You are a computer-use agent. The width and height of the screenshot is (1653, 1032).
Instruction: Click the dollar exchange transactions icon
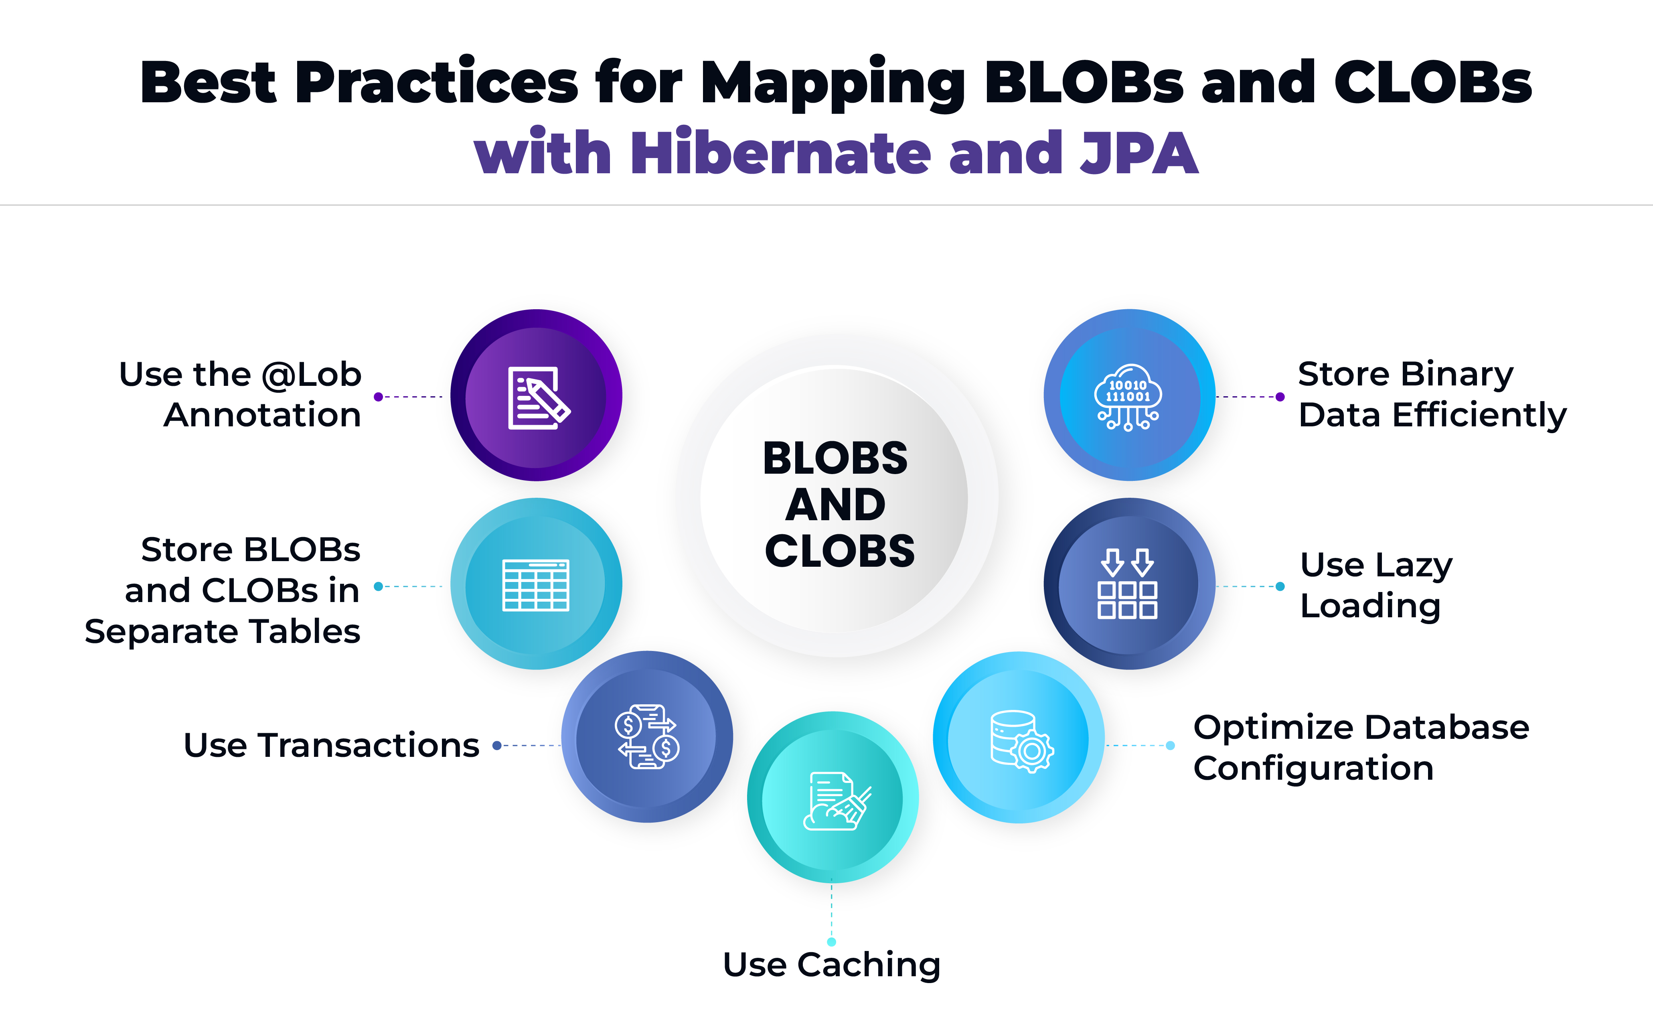(x=647, y=737)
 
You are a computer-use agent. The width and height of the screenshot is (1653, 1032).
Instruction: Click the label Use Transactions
(x=332, y=745)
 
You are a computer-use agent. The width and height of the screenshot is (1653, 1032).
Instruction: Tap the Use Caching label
(x=832, y=965)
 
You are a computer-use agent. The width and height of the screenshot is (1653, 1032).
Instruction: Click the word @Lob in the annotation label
(x=311, y=375)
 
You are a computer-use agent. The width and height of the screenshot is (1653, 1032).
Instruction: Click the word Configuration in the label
(x=1313, y=768)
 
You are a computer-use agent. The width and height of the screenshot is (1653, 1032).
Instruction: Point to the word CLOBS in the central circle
(x=839, y=551)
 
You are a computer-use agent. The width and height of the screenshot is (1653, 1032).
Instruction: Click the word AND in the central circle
(x=836, y=505)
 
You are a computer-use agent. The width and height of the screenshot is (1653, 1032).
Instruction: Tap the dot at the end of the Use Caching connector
(x=832, y=942)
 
